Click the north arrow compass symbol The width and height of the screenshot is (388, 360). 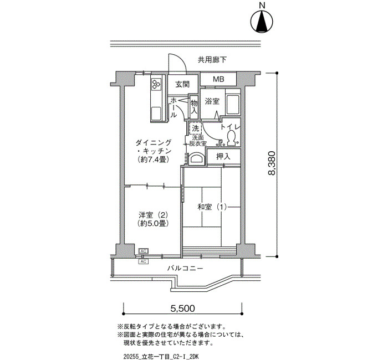262,21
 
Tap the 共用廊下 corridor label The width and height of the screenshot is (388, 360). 212,60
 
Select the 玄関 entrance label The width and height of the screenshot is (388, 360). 182,85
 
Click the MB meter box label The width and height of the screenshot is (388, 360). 218,79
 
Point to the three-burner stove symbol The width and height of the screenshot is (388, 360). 156,83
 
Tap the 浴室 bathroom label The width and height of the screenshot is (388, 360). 212,101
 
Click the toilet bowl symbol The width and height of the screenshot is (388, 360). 231,138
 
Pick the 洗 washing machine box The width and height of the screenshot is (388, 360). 196,128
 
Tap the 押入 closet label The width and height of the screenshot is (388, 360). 223,156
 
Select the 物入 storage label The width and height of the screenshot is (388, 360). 194,106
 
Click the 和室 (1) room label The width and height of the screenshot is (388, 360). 212,207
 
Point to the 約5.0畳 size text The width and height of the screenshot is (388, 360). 154,223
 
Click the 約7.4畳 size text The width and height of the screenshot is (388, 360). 154,160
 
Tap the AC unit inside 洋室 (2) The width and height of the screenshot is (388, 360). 144,251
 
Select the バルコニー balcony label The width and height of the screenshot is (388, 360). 185,268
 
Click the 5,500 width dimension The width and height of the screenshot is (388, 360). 182,308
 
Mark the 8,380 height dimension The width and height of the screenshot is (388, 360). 272,163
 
